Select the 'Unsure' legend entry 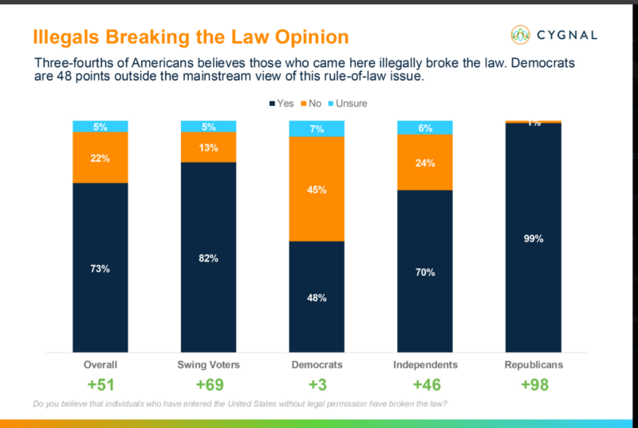(350, 104)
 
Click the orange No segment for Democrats (317, 189)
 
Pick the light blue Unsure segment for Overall (100, 126)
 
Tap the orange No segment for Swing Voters (209, 147)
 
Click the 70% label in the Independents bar (425, 272)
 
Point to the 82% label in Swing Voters (209, 257)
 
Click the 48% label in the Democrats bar (317, 297)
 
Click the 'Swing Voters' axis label (209, 364)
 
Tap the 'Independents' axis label (425, 364)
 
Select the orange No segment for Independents (425, 163)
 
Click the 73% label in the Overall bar (100, 269)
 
